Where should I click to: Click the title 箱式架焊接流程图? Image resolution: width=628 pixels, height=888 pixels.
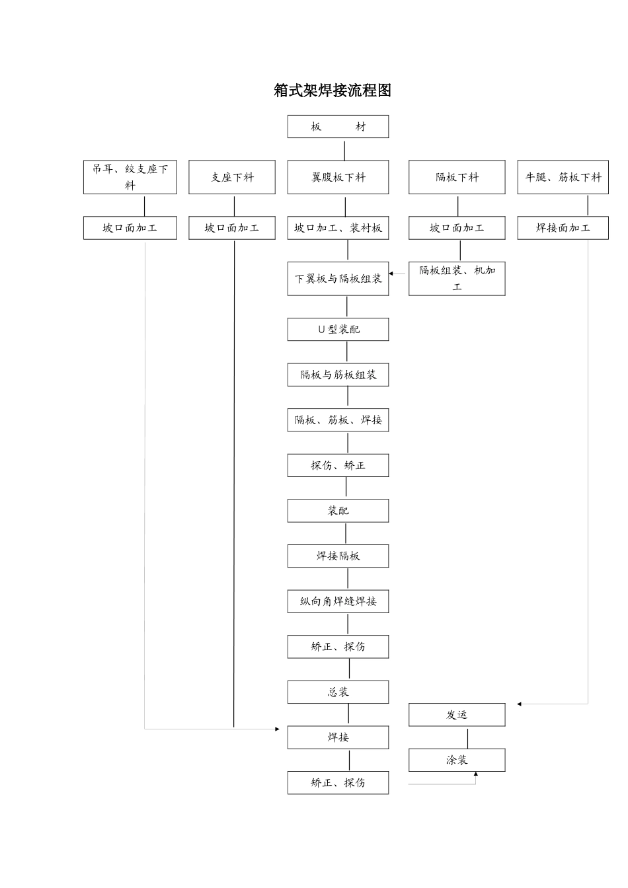pos(333,91)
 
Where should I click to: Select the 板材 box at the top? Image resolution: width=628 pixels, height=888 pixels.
pos(338,127)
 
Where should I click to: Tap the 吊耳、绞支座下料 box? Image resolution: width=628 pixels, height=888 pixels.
pos(130,177)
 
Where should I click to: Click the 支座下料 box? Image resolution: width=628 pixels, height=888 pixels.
pos(231,177)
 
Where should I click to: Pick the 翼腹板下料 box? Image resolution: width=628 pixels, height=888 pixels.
pos(338,177)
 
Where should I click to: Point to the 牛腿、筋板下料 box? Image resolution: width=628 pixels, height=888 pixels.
pos(563,177)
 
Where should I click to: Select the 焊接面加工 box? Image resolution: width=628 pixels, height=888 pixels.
pos(563,228)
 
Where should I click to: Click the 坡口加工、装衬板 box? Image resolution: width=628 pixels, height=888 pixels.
pos(338,228)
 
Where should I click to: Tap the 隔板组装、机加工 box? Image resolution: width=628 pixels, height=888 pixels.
pos(457,279)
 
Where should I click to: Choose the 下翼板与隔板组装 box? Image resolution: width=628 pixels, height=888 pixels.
pos(338,279)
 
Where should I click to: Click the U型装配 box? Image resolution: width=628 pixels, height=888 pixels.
pos(338,330)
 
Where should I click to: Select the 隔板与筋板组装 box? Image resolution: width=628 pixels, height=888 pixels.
pos(338,375)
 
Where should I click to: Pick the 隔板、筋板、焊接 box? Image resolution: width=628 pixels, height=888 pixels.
pos(338,420)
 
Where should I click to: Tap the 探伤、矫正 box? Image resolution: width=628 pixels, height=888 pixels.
pos(338,465)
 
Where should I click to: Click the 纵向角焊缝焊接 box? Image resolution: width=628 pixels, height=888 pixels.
pos(338,601)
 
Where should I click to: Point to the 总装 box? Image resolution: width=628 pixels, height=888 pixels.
pos(338,692)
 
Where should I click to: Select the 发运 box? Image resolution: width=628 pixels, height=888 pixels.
pos(457,715)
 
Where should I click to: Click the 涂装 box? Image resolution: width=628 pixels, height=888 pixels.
pos(457,760)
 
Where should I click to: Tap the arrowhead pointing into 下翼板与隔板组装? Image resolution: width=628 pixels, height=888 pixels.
pos(391,273)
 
